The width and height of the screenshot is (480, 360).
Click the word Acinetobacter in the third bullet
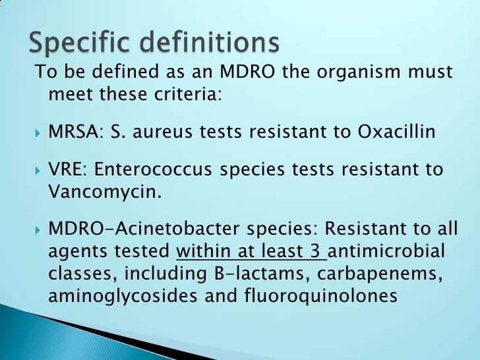click(x=185, y=231)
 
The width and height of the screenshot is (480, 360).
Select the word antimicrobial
click(x=389, y=253)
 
